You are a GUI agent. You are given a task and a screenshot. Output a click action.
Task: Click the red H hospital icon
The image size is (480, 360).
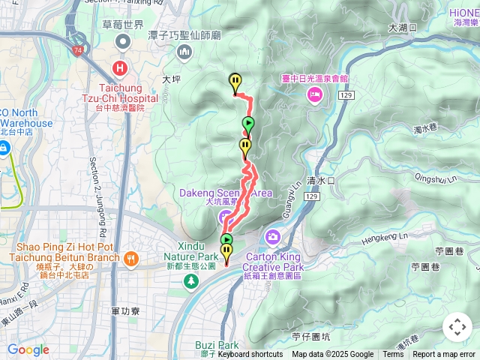pos(119,69)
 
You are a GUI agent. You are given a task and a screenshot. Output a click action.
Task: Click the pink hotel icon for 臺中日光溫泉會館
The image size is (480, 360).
pos(314,94)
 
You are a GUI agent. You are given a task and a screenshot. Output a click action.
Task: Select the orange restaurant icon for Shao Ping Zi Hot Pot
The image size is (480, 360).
pos(131,258)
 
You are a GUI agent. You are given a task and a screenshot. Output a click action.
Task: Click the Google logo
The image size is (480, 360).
pos(28,349)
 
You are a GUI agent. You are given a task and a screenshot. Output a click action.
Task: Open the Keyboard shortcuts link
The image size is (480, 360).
pos(250,355)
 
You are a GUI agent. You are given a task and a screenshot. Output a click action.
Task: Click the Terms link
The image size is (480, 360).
pos(393,355)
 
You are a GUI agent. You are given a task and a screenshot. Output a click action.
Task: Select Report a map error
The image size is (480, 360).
pos(445,355)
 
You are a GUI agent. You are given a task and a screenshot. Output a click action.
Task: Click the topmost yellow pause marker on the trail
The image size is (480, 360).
pos(235,81)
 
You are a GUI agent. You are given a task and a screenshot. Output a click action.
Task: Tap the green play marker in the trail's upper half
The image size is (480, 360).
pos(247,124)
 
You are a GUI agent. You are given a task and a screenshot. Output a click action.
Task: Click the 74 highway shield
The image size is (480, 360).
pos(79,50)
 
